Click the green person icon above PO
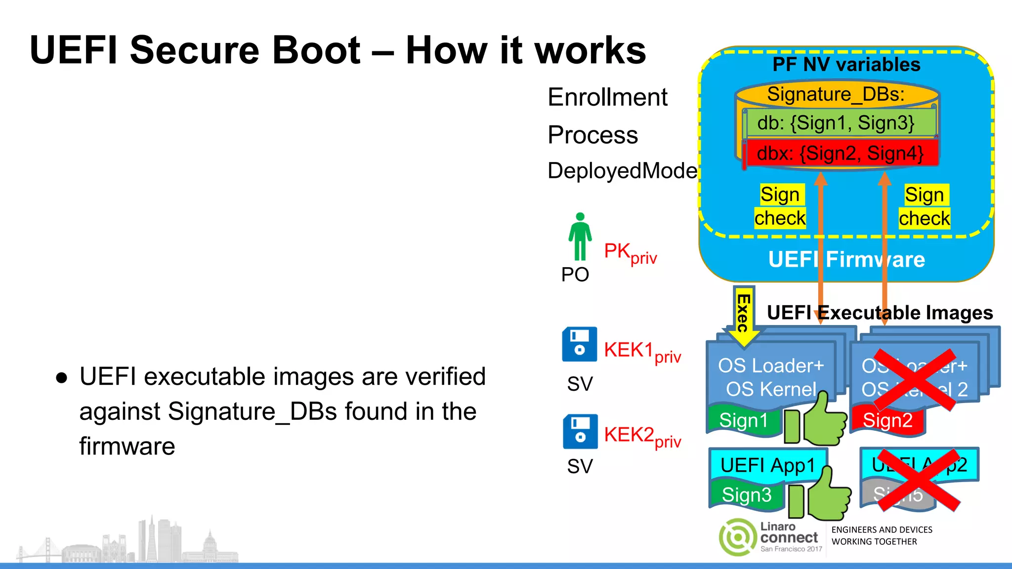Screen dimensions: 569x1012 pos(580,237)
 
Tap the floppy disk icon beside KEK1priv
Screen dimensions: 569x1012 pos(580,344)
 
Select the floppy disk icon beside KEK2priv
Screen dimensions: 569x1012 pos(580,431)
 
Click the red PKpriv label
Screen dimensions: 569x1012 pos(630,253)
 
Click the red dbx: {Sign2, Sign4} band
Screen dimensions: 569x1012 pos(840,154)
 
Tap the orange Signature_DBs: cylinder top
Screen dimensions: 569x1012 pos(836,94)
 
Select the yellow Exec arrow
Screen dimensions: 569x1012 pos(743,316)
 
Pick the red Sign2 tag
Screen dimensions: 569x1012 pos(887,421)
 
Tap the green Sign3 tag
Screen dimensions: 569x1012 pos(746,495)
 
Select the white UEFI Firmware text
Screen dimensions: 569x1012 pos(846,260)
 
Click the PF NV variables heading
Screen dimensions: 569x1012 pos(846,65)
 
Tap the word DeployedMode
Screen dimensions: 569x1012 pos(622,171)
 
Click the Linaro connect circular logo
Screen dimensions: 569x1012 pos(738,537)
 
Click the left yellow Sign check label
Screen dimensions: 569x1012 pos(780,206)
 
